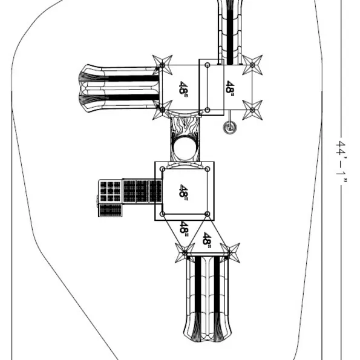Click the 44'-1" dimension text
click(341, 162)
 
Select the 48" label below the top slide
click(230, 87)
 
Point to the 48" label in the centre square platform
click(183, 191)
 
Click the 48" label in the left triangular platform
click(184, 227)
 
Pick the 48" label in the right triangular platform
click(207, 238)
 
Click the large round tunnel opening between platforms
click(185, 148)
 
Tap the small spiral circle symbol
click(230, 128)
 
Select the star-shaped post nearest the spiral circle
click(252, 110)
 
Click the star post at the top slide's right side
click(252, 65)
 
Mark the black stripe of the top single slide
click(230, 32)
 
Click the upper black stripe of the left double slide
click(133, 78)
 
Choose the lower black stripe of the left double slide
click(133, 97)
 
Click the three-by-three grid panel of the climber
click(110, 191)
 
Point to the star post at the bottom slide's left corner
click(185, 253)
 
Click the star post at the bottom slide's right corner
click(230, 253)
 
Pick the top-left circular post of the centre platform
click(162, 169)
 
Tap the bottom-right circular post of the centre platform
click(207, 214)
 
